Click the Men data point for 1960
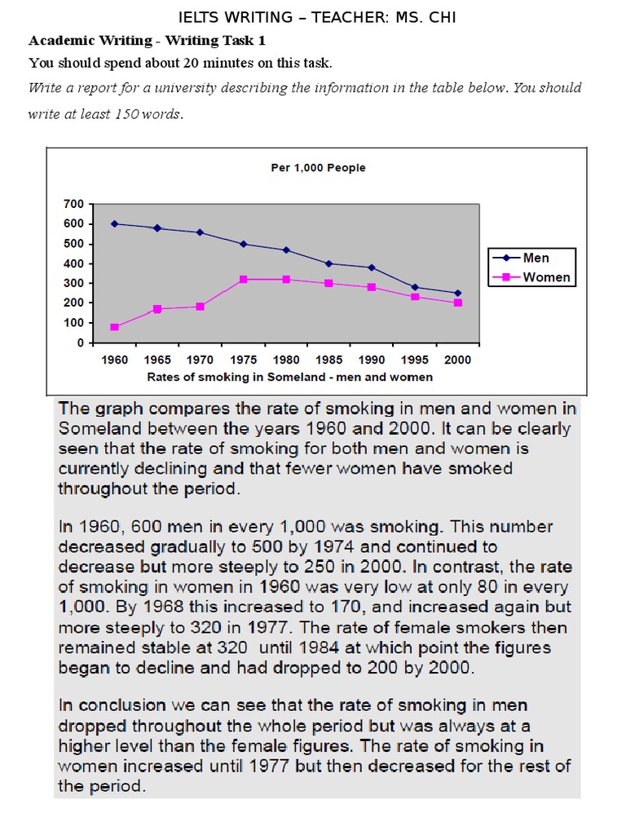[114, 223]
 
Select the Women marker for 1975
[243, 279]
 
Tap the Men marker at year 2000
[458, 293]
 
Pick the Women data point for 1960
[114, 327]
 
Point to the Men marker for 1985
[329, 263]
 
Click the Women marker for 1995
[415, 297]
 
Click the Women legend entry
[531, 277]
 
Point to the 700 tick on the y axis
[74, 204]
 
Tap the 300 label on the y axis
[74, 283]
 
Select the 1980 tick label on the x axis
[286, 360]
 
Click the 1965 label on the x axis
[157, 360]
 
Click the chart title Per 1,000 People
[319, 168]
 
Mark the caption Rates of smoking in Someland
[233, 377]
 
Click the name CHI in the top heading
[443, 18]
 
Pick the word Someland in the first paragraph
[100, 429]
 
